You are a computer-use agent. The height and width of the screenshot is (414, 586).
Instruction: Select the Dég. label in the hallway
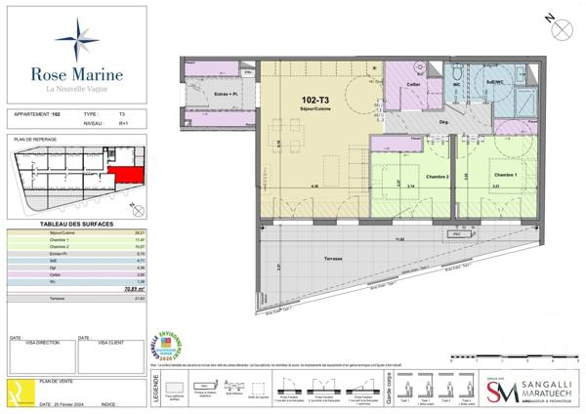click(x=442, y=122)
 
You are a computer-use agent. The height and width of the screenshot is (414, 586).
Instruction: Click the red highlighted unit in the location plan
click(x=124, y=177)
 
